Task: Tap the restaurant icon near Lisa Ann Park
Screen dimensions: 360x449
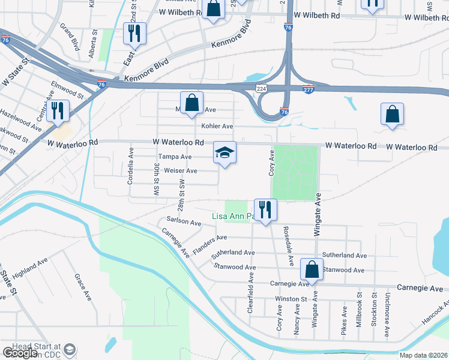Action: (265, 209)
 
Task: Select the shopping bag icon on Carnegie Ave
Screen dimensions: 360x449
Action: (312, 269)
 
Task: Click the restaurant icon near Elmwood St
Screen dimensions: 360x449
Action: (58, 110)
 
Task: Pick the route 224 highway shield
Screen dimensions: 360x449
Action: (261, 88)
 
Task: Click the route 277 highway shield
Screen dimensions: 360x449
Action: (309, 89)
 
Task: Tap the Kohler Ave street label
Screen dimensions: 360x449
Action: (217, 127)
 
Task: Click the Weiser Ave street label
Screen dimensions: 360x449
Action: (181, 171)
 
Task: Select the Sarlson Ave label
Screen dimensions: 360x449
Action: (184, 222)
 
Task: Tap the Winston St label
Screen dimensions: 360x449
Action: (291, 298)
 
